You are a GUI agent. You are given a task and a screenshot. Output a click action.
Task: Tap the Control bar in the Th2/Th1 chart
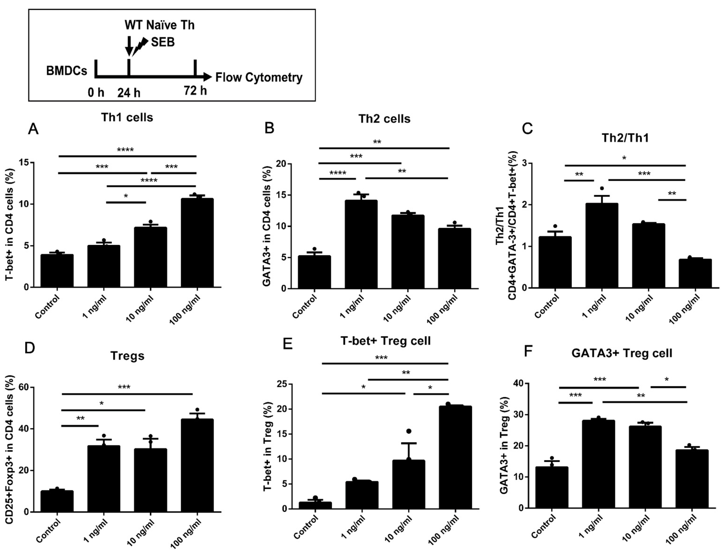pyautogui.click(x=555, y=262)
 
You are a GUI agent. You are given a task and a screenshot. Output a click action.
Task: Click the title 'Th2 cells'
pyautogui.click(x=384, y=119)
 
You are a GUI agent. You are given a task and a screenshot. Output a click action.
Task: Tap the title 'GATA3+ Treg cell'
pyautogui.click(x=622, y=353)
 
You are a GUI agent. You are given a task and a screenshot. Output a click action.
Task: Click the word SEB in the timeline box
pyautogui.click(x=163, y=42)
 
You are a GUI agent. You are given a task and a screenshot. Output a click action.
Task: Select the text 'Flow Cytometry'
pyautogui.click(x=259, y=78)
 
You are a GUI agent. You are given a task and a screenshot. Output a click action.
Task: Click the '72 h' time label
pyautogui.click(x=195, y=90)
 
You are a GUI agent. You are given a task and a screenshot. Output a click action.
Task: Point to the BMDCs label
pyautogui.click(x=67, y=71)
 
